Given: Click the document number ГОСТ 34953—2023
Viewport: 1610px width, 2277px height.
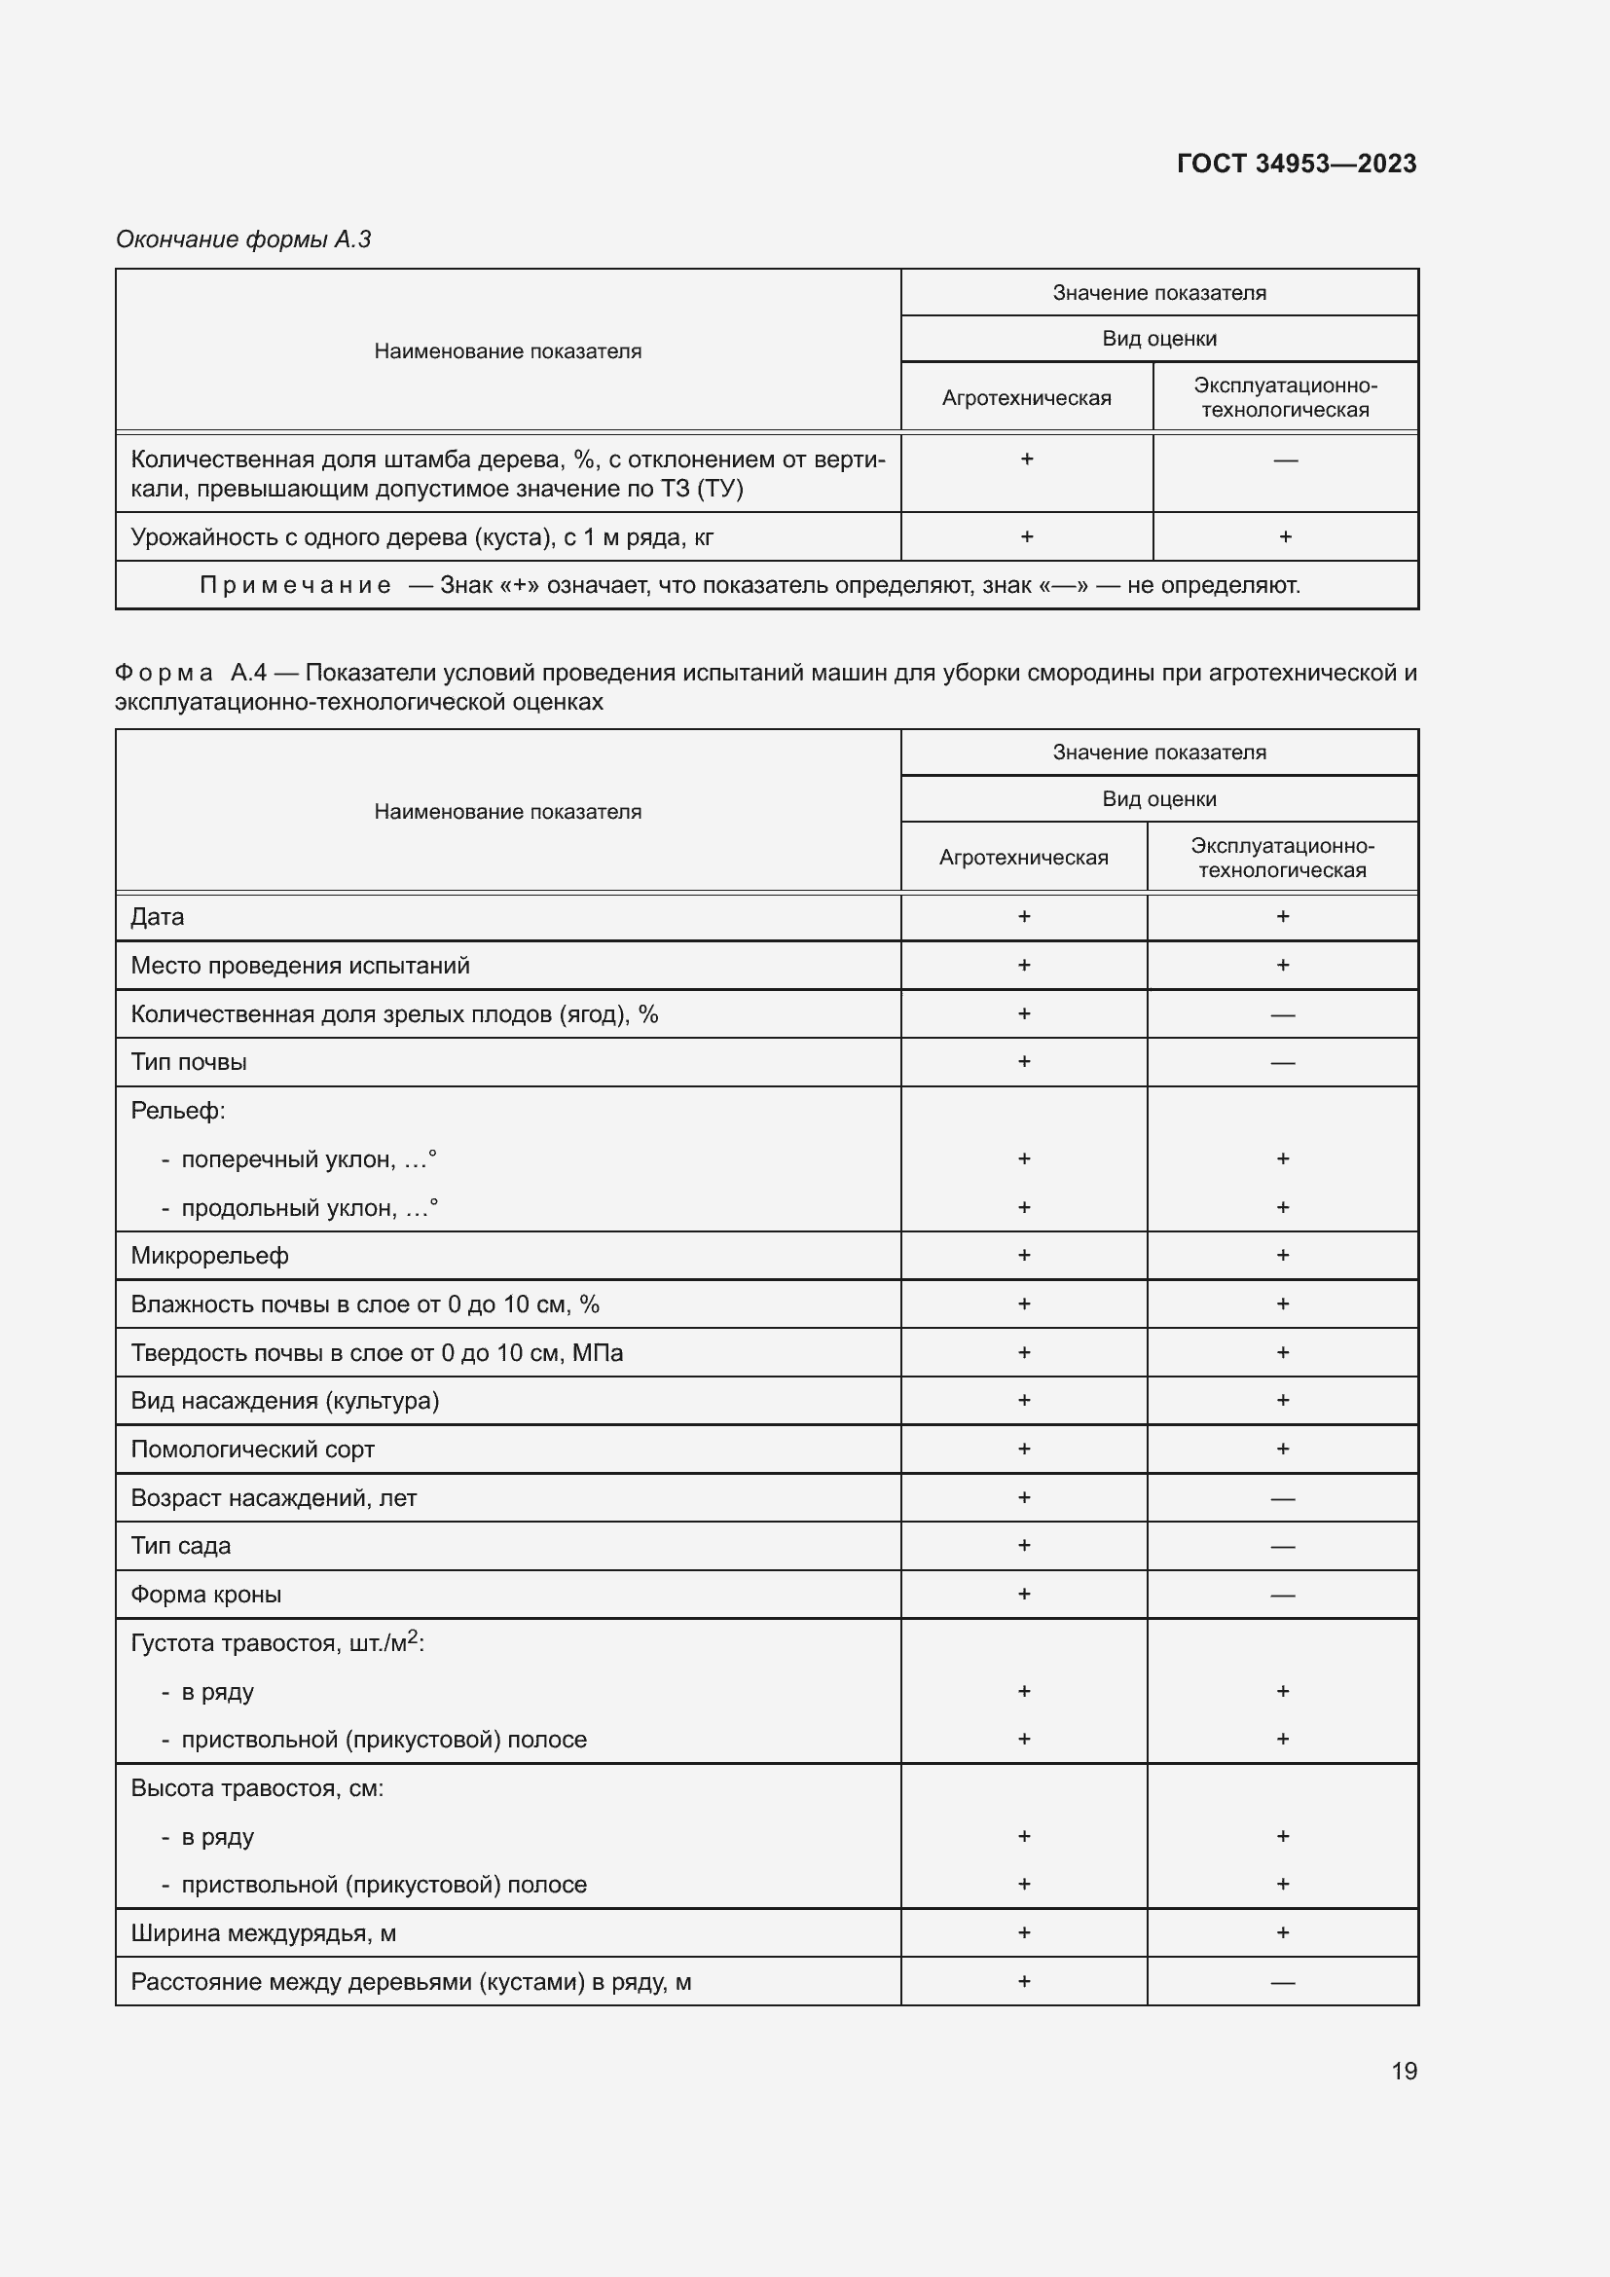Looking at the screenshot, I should [x=1296, y=164].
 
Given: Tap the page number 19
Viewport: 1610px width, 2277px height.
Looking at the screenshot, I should [x=1404, y=2071].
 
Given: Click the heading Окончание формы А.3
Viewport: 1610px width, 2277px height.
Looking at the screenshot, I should [x=243, y=239].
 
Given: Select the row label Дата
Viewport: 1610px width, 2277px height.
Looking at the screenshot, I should [x=158, y=917].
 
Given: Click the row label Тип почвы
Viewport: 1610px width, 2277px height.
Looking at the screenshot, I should [x=189, y=1062].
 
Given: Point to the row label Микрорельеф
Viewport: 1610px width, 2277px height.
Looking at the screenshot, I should [x=209, y=1256].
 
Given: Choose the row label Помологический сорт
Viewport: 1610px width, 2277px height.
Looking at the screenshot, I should [x=252, y=1449].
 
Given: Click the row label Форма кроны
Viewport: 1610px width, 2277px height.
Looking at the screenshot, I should [x=205, y=1595].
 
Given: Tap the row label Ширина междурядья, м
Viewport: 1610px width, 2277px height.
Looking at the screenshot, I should [x=263, y=1933].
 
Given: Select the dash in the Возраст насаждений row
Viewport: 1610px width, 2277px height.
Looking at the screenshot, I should [x=1282, y=1498].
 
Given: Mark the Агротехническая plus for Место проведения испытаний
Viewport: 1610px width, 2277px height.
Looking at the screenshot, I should [x=1024, y=965].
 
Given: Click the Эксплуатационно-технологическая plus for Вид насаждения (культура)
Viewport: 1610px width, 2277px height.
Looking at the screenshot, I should [x=1282, y=1400].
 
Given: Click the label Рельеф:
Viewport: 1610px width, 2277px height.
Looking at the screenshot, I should [x=177, y=1111].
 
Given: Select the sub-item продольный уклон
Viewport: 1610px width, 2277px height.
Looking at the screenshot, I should [x=309, y=1208].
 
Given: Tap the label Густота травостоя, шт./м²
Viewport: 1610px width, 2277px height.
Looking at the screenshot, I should [x=276, y=1643].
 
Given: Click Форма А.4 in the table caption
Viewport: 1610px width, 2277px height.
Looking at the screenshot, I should [x=191, y=673].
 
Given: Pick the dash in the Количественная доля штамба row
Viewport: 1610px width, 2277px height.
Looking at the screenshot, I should [x=1285, y=460].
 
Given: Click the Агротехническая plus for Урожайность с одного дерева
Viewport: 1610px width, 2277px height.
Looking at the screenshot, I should [x=1026, y=536].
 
